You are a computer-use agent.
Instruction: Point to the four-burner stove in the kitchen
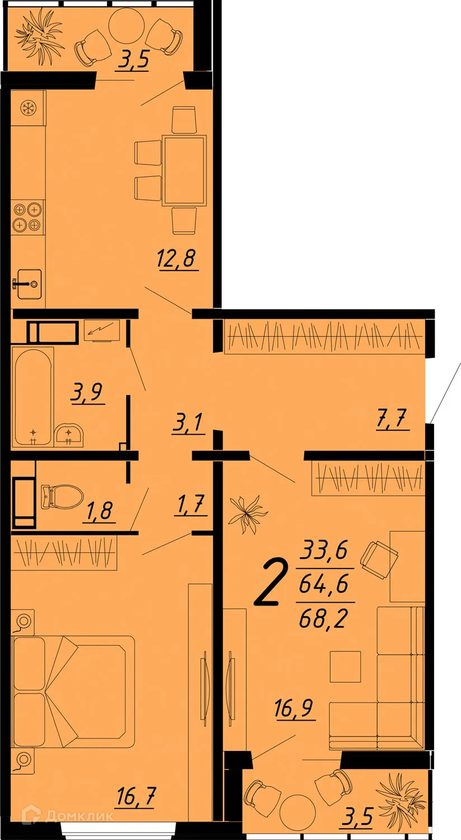tap(27, 217)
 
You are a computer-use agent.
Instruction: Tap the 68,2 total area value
tap(324, 618)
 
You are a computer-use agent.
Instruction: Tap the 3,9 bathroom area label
tap(88, 392)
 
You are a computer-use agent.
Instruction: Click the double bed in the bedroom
tap(73, 689)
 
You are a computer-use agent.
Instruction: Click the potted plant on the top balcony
tap(39, 34)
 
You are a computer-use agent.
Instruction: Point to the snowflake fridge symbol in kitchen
tap(27, 109)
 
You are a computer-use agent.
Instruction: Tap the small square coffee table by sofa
tap(345, 666)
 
